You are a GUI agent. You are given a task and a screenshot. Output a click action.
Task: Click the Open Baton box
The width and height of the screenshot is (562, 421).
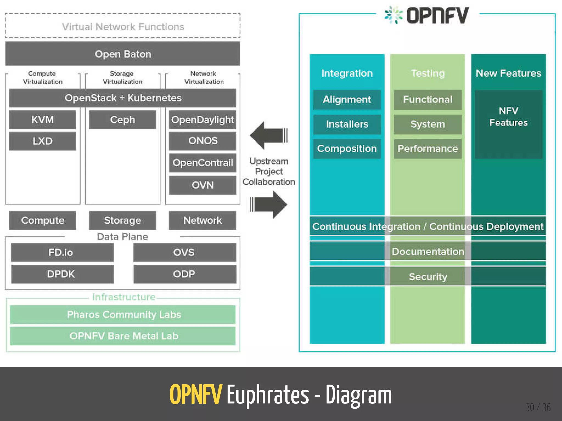[x=123, y=54]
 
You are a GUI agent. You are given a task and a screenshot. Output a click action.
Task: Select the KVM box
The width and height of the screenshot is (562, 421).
[x=43, y=120]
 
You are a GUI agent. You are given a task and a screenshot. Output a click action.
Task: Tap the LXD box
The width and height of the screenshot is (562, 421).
[x=43, y=141]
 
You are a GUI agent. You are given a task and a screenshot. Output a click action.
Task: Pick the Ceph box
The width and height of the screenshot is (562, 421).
[x=122, y=120]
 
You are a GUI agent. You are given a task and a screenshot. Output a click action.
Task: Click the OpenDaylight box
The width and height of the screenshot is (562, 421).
[x=203, y=120]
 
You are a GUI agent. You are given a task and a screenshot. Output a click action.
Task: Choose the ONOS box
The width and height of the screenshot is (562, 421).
[x=203, y=141]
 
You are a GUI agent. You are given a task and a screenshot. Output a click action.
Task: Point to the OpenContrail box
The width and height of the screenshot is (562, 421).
[x=203, y=163]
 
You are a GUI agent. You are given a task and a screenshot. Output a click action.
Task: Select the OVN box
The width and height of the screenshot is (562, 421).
[x=203, y=185]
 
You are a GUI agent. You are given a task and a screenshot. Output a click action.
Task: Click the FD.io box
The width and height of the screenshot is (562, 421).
[x=62, y=252]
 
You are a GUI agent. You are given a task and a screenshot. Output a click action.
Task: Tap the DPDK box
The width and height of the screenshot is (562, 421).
[x=62, y=274]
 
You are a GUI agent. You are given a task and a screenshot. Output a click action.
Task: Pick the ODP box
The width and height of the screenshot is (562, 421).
[x=185, y=274]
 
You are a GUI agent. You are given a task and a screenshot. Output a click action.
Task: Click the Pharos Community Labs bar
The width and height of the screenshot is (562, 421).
[x=123, y=315]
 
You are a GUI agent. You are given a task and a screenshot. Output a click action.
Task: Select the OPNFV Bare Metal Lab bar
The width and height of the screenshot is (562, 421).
[x=123, y=336]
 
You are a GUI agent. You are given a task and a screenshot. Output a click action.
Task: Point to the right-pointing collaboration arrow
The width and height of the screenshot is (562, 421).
[x=269, y=204]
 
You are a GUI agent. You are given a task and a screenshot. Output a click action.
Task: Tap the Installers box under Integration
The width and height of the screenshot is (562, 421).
[x=347, y=124]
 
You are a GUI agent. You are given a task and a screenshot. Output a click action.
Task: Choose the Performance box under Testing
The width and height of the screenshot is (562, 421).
[x=428, y=149]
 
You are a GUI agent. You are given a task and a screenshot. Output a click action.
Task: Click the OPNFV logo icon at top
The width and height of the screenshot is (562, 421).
[x=393, y=15]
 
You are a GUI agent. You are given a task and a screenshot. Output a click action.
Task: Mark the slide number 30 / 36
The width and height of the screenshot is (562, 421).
[x=538, y=408]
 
